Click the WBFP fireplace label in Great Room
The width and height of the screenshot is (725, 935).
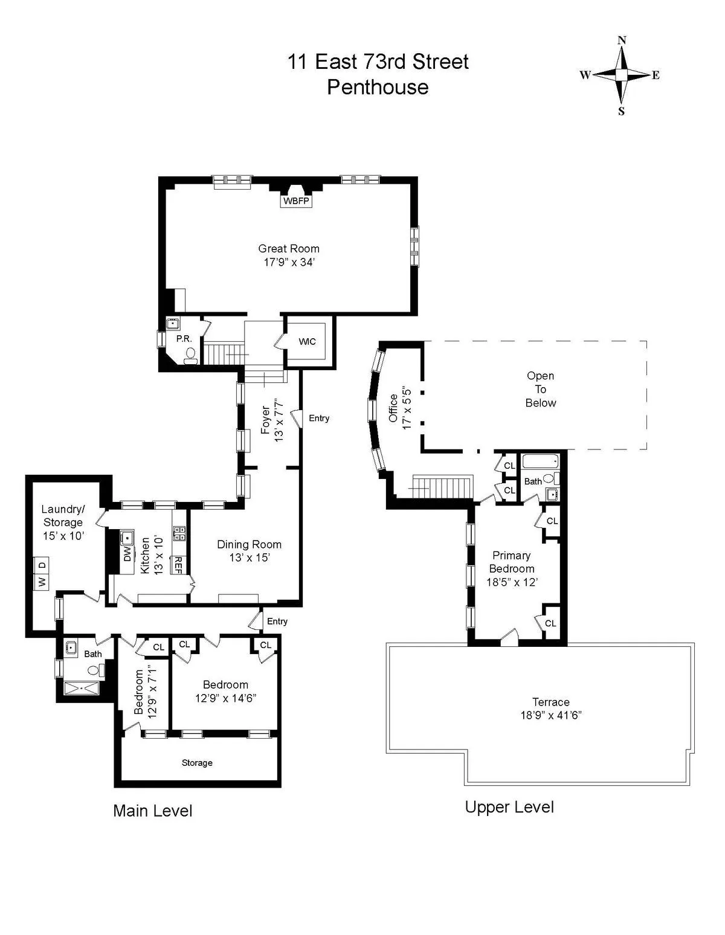click(x=296, y=201)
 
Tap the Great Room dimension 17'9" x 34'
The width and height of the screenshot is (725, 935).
click(x=288, y=263)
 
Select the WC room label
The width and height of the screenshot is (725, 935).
click(x=307, y=342)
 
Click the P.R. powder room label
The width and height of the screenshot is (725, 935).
click(x=184, y=339)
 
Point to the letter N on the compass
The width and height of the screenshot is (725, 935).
click(x=622, y=40)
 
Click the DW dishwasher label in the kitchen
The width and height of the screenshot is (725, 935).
click(x=127, y=555)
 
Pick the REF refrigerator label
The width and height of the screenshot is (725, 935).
click(x=178, y=564)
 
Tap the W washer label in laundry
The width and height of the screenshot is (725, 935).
click(x=42, y=582)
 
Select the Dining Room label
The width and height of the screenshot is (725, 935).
click(x=249, y=544)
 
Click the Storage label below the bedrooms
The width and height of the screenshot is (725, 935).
click(x=197, y=763)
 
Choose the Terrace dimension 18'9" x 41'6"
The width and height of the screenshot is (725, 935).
click(x=550, y=715)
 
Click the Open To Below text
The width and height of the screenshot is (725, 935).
click(x=540, y=389)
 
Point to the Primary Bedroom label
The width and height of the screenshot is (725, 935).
click(x=511, y=562)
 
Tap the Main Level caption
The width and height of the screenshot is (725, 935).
click(x=152, y=811)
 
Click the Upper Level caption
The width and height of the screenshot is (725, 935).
click(x=509, y=807)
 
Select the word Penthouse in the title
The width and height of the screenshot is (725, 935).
click(x=378, y=87)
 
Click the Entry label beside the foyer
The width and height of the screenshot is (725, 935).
click(x=319, y=418)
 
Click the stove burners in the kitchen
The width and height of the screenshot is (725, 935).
click(x=179, y=532)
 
